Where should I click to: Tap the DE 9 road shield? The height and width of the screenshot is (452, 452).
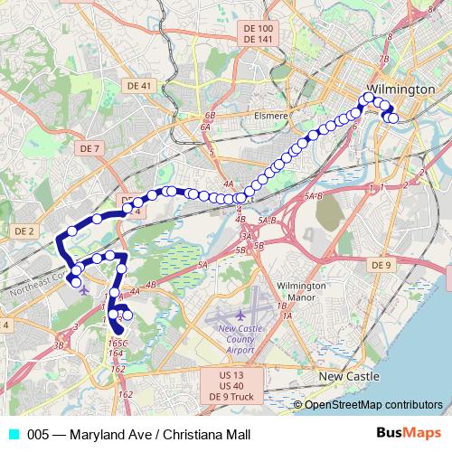coord(381,265)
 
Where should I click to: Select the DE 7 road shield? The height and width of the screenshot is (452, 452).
coord(89,147)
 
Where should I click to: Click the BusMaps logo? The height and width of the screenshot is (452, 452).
coord(416,433)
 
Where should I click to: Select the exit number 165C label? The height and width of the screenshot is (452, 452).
coord(118,344)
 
